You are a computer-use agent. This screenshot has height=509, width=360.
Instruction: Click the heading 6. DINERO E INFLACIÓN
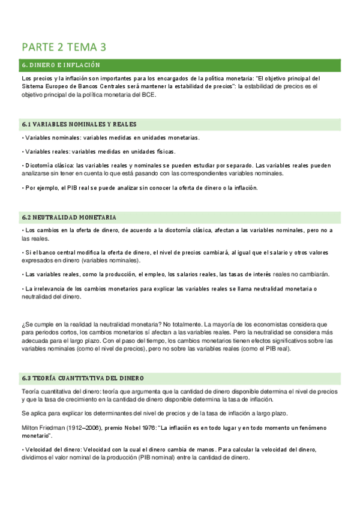click(61, 65)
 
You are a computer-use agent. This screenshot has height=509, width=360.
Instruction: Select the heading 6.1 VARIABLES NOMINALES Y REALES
click(79, 124)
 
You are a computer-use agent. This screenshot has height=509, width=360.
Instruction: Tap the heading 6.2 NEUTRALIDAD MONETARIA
click(69, 217)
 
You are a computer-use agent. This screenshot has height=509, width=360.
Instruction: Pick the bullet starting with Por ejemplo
click(139, 187)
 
